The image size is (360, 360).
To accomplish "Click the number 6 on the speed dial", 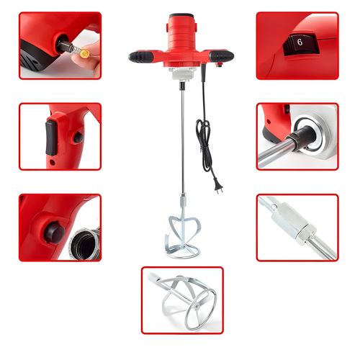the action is pyautogui.click(x=300, y=42).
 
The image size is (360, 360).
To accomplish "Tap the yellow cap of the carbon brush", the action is pyautogui.click(x=85, y=53).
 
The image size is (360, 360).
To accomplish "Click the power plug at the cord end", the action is pyautogui.click(x=219, y=187).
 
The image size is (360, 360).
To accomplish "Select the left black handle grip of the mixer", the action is pyautogui.click(x=141, y=57).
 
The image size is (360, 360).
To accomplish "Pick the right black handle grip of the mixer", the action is pyautogui.click(x=221, y=56).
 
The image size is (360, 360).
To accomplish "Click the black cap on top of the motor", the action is pyautogui.click(x=181, y=16).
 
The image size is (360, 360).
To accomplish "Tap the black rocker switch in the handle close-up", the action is pyautogui.click(x=51, y=138).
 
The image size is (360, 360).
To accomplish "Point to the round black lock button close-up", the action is pyautogui.click(x=54, y=233).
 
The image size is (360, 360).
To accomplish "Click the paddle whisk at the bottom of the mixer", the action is pyautogui.click(x=182, y=237).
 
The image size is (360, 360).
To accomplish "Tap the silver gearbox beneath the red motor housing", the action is pyautogui.click(x=182, y=74).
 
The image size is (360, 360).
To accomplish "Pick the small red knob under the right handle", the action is pyautogui.click(x=219, y=65).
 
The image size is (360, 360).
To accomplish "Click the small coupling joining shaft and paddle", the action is pyautogui.click(x=183, y=200).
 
